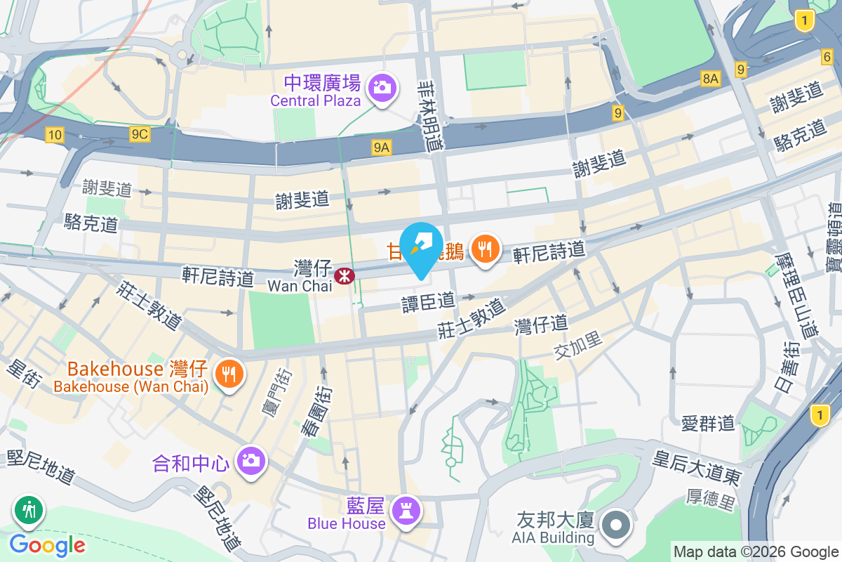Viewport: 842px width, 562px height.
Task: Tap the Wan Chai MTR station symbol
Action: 344,276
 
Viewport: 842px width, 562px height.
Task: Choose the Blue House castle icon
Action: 406,509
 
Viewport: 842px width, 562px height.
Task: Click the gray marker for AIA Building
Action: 616,525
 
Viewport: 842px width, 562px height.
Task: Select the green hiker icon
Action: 29,511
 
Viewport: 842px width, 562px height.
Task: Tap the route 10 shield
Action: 55,134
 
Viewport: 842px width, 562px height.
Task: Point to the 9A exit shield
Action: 381,147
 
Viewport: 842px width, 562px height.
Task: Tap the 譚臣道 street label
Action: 428,303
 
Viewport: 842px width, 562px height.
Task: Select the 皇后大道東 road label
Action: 696,468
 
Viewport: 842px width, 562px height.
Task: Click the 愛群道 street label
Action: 708,423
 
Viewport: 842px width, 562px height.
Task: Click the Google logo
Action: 47,544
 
